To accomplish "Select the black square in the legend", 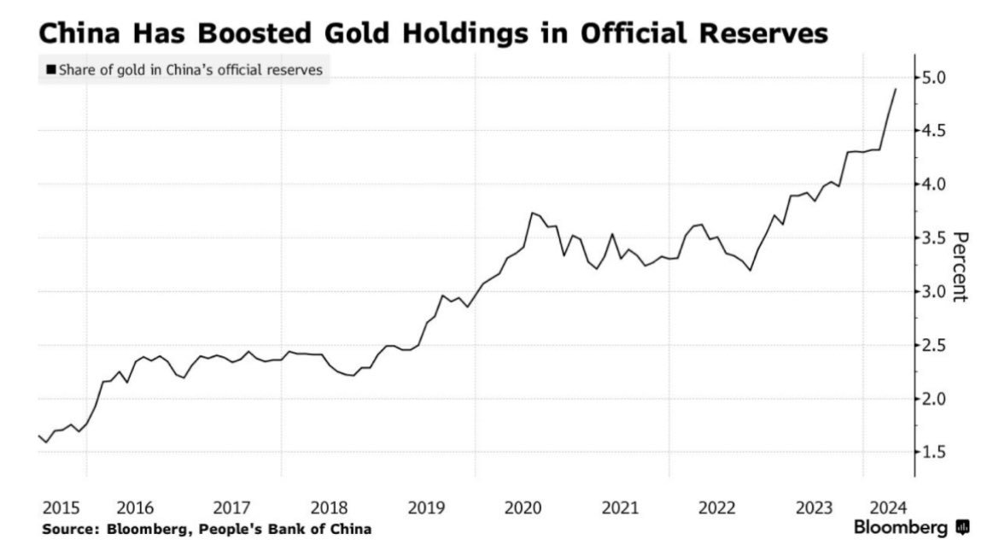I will pos(51,70).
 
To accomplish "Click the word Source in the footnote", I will pos(70,530).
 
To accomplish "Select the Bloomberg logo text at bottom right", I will pos(901,528).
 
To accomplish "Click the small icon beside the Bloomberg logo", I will pos(963,528).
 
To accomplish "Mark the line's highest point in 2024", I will pos(895,89).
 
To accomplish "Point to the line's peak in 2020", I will pos(532,213).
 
